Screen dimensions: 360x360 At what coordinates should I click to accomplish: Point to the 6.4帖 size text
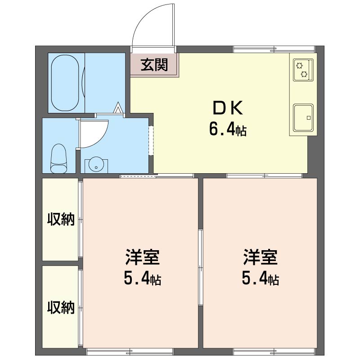pyautogui.click(x=227, y=130)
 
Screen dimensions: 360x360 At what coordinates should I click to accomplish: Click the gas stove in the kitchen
pyautogui.click(x=302, y=70)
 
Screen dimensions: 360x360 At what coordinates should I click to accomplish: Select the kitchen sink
pyautogui.click(x=303, y=117)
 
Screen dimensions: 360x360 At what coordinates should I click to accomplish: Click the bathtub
pyautogui.click(x=66, y=83)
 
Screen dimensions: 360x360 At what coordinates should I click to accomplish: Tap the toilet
pyautogui.click(x=59, y=158)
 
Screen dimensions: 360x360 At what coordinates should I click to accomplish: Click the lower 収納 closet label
pyautogui.click(x=61, y=307)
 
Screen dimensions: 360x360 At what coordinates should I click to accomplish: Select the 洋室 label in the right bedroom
pyautogui.click(x=260, y=257)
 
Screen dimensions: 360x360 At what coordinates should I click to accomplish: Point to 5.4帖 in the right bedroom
pyautogui.click(x=260, y=279)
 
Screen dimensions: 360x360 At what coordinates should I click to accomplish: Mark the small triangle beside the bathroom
pyautogui.click(x=118, y=108)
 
